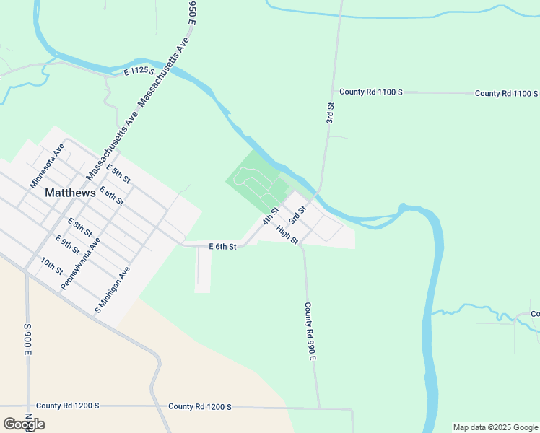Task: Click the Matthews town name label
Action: (70, 193)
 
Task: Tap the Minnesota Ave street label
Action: (48, 165)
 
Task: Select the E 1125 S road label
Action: (134, 72)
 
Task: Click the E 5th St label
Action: (117, 173)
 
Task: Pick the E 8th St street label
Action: (79, 227)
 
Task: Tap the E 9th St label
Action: (67, 244)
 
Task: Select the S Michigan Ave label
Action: (111, 291)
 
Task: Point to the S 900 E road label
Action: (28, 340)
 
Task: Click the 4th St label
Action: (271, 216)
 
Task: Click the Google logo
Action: (23, 424)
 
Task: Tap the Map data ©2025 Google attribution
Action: (495, 427)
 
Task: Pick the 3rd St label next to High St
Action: (297, 214)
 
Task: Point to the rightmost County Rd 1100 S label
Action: (506, 94)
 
